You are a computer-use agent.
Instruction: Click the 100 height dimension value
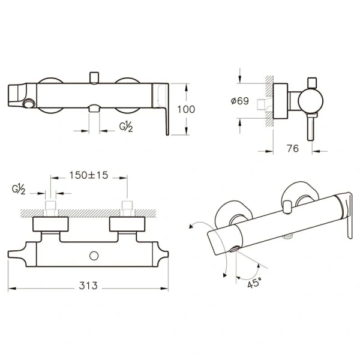[x=186, y=109]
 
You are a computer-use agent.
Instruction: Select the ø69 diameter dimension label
[x=240, y=101]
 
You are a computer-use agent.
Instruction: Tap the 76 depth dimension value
[x=293, y=149]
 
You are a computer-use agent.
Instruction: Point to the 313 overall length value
[x=88, y=286]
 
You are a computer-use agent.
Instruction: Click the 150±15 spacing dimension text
[x=89, y=175]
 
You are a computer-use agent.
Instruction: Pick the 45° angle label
[x=254, y=283]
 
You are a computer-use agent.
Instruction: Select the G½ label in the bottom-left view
[x=19, y=189]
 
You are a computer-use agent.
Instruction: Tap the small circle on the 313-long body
[x=94, y=256]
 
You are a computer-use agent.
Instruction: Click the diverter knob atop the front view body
[x=94, y=78]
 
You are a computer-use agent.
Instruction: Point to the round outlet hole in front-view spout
[x=29, y=103]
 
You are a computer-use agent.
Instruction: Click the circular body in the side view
[x=311, y=101]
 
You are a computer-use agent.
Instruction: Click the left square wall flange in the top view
[x=50, y=224]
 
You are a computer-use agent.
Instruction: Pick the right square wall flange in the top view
[x=127, y=224]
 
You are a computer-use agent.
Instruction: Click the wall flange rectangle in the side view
[x=280, y=101]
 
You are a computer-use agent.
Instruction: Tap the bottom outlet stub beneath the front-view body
[x=94, y=109]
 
